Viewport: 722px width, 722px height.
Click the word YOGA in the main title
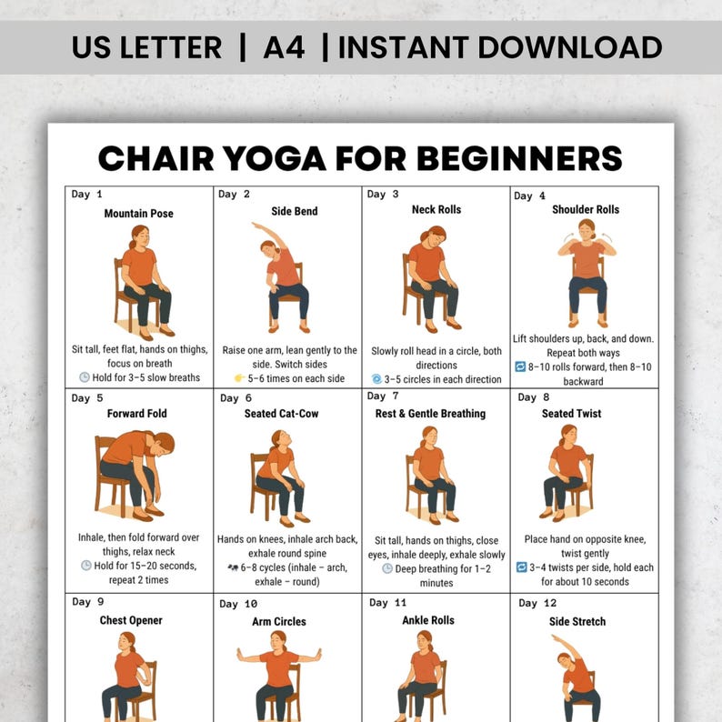pos(275,158)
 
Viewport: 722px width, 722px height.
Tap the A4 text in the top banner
pos(284,47)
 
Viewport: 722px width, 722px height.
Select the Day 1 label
pos(86,195)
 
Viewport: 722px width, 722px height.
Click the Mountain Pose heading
pos(138,213)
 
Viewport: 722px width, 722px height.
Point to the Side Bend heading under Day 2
pos(295,211)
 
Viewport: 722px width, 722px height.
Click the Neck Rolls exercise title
pos(436,209)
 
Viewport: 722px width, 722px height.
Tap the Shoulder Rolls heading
pos(586,209)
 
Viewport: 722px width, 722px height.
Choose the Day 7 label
pos(383,396)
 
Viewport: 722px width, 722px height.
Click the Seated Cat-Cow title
pos(281,414)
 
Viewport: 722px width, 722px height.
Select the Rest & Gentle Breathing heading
pos(430,414)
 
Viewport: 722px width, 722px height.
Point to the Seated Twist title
pos(571,414)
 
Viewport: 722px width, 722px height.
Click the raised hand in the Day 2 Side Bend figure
pos(255,225)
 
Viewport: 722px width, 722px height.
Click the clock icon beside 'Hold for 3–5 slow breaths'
pos(85,377)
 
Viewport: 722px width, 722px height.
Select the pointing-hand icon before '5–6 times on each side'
pos(239,378)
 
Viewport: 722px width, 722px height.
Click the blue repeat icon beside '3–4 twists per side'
pos(521,567)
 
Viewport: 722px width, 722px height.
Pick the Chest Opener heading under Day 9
pos(131,620)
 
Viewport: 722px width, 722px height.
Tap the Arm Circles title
pos(279,621)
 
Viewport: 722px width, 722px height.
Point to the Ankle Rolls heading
pos(428,620)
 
